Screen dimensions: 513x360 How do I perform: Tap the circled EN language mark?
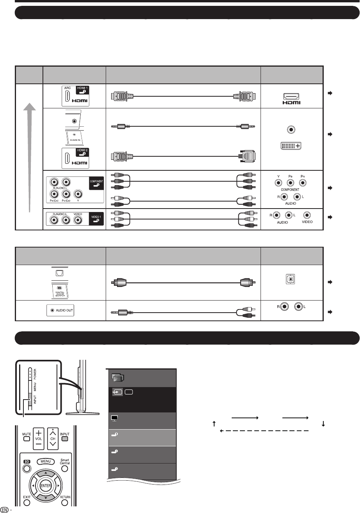[x=4, y=509]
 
